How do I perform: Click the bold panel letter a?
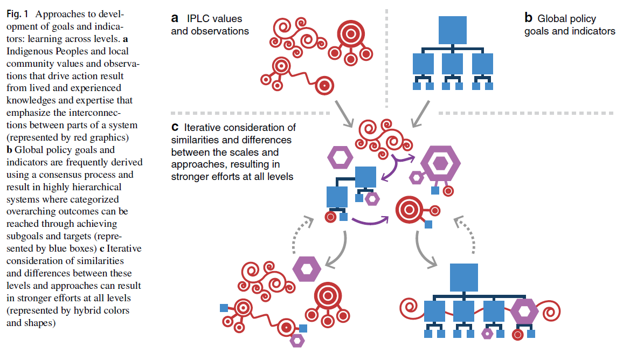tap(175, 18)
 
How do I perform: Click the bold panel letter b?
tap(529, 18)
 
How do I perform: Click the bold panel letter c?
tap(175, 128)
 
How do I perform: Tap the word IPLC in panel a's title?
tap(198, 18)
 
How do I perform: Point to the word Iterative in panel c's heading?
tap(205, 128)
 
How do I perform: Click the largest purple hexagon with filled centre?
tap(440, 161)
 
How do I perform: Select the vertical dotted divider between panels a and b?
tap(386, 54)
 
